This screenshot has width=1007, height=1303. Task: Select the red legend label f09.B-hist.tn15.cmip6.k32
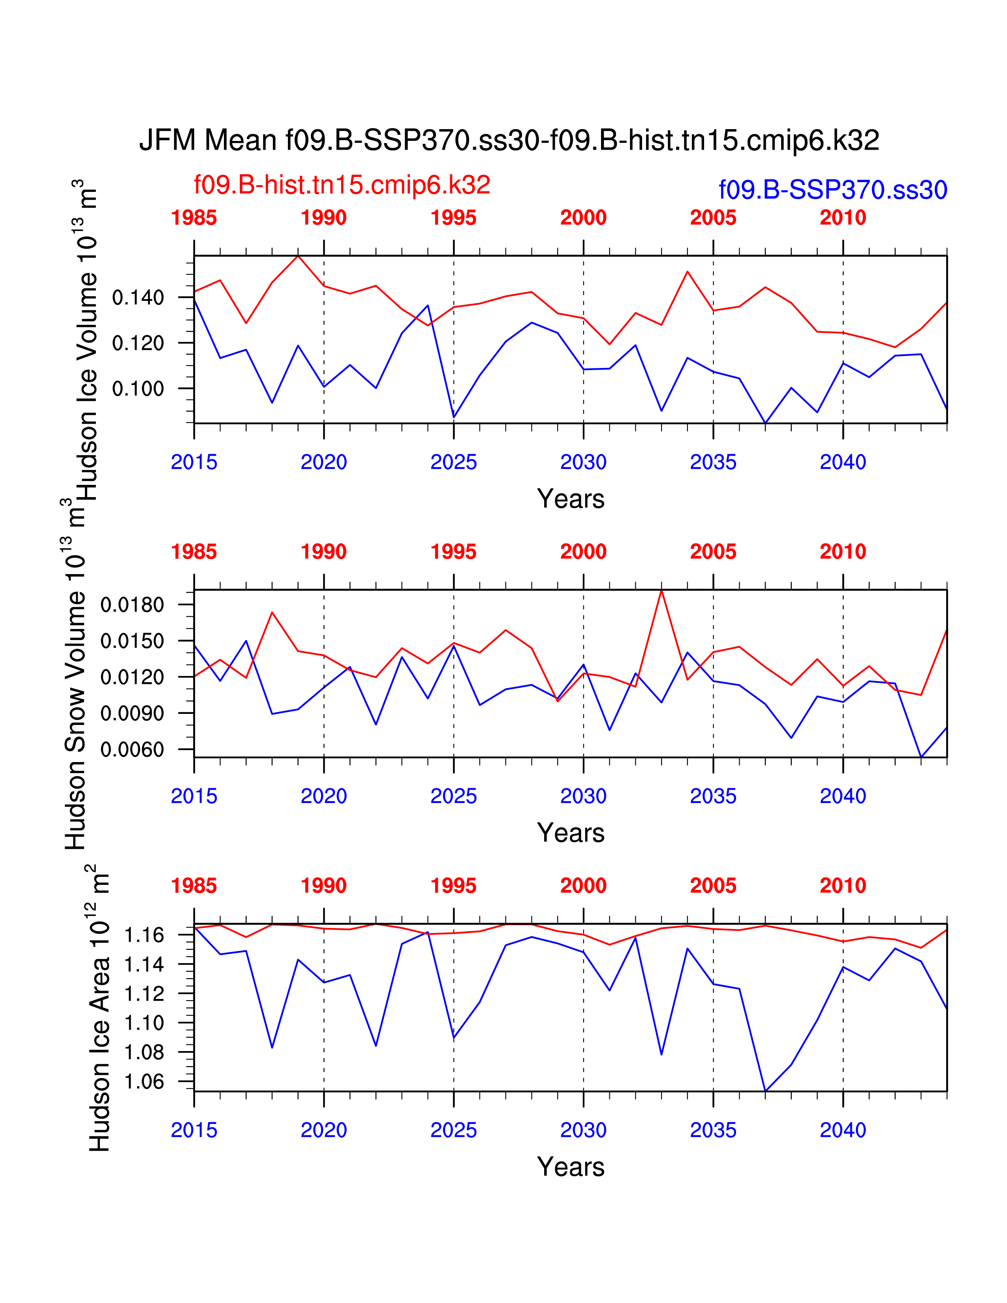(342, 185)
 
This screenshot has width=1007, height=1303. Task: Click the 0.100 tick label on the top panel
(138, 389)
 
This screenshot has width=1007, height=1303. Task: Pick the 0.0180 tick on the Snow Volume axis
(132, 605)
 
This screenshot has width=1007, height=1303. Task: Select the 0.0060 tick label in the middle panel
(132, 750)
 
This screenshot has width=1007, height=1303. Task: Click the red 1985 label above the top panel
(194, 218)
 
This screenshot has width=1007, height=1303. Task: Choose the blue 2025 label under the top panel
(453, 462)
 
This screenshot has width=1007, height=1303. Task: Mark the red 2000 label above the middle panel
(583, 552)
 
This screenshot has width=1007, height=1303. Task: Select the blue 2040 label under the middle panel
(843, 796)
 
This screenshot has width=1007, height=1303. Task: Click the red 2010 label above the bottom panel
(843, 886)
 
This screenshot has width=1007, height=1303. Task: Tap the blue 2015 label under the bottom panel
(194, 1130)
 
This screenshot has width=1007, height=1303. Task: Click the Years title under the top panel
(571, 499)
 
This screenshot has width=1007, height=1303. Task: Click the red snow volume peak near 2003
(661, 591)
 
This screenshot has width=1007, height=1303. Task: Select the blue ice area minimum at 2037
(765, 1091)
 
